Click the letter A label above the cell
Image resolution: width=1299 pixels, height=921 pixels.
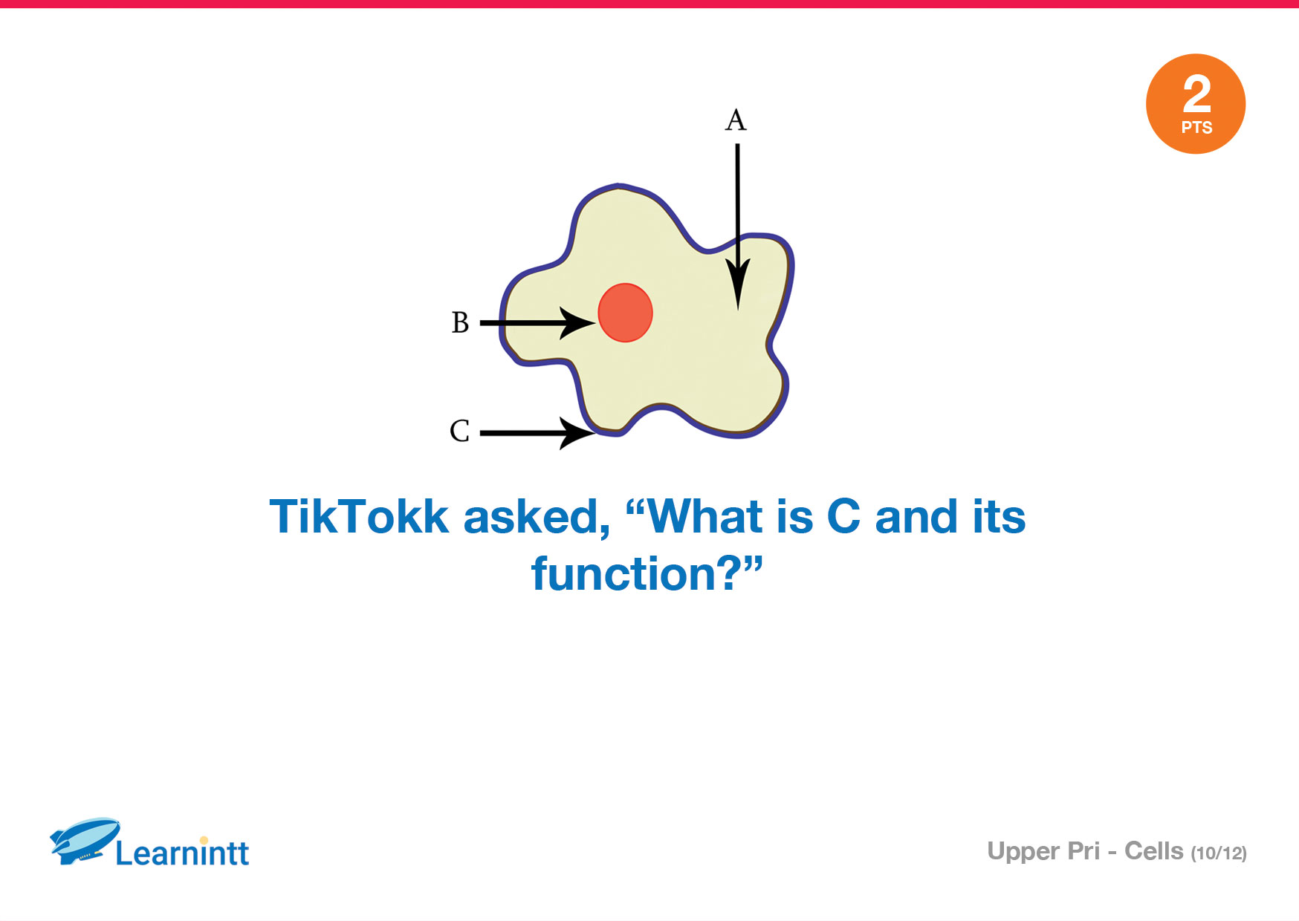coord(736,120)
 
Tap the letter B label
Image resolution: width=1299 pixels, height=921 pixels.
coord(460,322)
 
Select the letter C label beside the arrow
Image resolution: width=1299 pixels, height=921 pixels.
coord(459,431)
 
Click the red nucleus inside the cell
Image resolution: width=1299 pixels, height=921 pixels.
coord(625,313)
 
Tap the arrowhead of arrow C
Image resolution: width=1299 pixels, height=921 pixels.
coord(577,433)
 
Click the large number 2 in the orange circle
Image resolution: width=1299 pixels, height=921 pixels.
coord(1196,94)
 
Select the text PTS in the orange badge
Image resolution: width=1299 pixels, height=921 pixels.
coord(1196,128)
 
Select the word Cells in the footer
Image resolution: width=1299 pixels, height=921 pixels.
coord(1153,851)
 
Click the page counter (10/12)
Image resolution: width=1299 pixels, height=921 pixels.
coord(1219,853)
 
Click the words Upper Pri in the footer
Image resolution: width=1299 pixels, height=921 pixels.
coord(1043,852)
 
